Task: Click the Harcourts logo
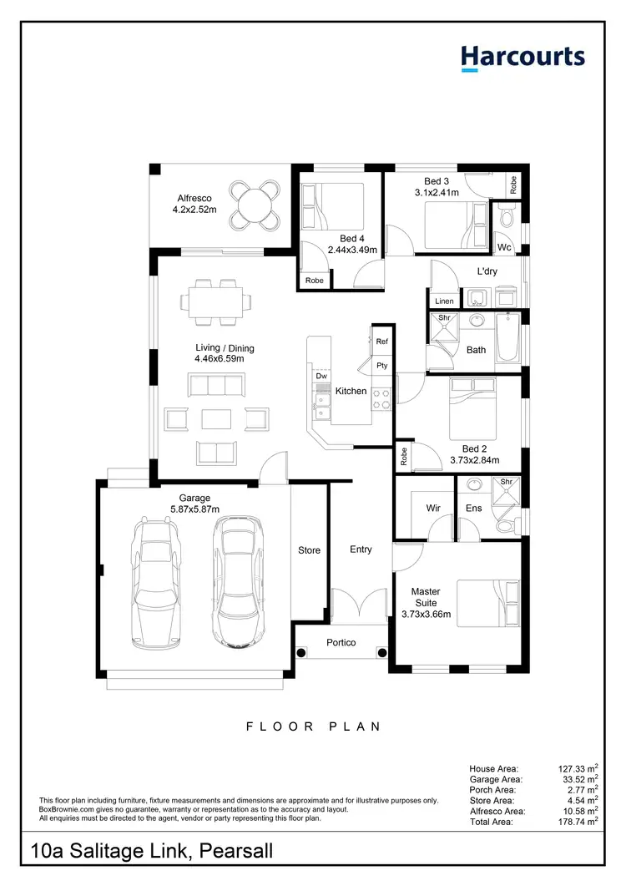click(x=523, y=57)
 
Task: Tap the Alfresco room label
click(x=194, y=198)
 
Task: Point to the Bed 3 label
click(x=437, y=181)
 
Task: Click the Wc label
click(x=503, y=248)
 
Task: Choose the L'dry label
click(x=487, y=271)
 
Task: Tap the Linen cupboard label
click(x=444, y=301)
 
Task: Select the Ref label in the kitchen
click(x=381, y=342)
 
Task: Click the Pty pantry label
click(x=381, y=366)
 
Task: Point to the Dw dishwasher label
click(x=321, y=377)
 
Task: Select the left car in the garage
click(x=155, y=577)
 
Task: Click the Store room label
click(x=309, y=550)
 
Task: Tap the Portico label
click(x=341, y=642)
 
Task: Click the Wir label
click(x=433, y=507)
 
